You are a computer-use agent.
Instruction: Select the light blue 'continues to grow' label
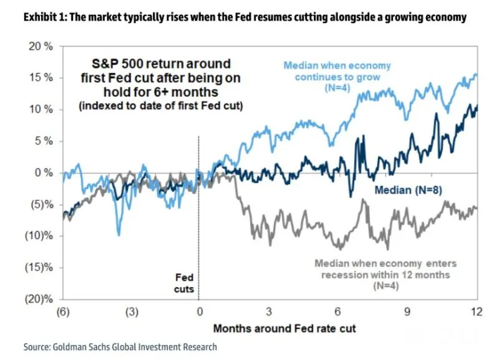click(x=337, y=77)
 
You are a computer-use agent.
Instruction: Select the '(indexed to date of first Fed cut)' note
click(x=160, y=105)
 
